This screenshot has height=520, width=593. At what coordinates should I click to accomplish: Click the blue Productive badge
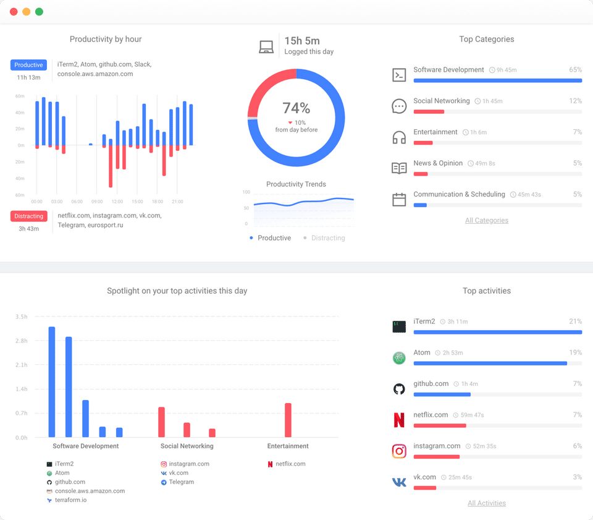[x=28, y=65]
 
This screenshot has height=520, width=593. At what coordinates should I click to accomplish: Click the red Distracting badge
[x=29, y=216]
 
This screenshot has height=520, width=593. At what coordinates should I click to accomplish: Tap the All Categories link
[x=487, y=220]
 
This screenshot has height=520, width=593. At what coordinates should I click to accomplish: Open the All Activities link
[x=487, y=503]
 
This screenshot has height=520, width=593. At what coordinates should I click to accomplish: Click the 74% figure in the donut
[x=296, y=108]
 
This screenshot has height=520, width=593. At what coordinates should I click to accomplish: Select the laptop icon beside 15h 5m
[x=266, y=47]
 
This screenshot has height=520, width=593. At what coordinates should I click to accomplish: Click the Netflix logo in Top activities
[x=399, y=420]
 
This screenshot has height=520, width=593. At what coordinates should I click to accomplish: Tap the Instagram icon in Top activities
[x=399, y=451]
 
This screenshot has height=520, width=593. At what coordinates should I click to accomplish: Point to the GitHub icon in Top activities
[x=399, y=389]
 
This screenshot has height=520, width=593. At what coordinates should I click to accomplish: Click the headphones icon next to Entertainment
[x=399, y=137]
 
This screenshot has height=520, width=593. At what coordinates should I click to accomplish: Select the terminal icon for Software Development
[x=399, y=75]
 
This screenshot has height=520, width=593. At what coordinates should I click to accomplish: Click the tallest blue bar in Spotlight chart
[x=52, y=381]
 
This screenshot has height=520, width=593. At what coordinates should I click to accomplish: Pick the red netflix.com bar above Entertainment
[x=288, y=420]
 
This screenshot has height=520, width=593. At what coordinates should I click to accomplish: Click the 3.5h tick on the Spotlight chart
[x=22, y=317]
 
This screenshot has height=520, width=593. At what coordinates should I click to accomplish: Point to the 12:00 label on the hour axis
[x=117, y=202]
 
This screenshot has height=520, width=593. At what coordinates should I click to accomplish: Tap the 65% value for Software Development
[x=575, y=70]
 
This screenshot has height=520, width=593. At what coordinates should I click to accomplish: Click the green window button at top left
[x=39, y=12]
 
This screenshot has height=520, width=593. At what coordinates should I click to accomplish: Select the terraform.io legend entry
[x=70, y=500]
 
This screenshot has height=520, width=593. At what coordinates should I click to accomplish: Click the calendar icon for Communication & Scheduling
[x=399, y=200]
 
